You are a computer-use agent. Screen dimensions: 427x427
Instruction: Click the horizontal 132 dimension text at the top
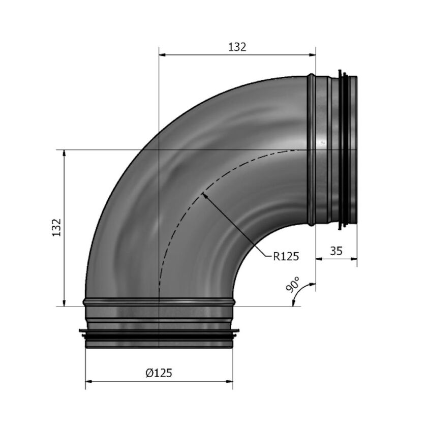[237, 47]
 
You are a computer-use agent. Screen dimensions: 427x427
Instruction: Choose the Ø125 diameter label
[159, 373]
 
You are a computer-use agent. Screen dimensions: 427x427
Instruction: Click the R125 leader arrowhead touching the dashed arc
[204, 195]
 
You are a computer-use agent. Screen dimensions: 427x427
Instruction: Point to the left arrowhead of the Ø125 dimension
[88, 382]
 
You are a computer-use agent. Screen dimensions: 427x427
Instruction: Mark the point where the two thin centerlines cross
[160, 150]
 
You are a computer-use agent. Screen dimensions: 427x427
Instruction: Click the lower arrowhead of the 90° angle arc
[295, 303]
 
